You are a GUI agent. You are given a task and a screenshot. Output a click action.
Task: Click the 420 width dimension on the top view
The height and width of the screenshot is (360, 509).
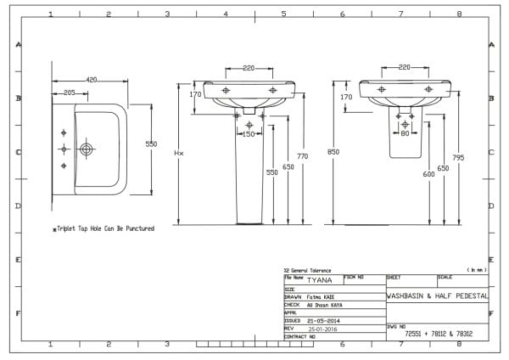pyautogui.click(x=91, y=80)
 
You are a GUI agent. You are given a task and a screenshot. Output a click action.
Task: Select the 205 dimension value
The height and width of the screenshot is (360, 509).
pyautogui.click(x=70, y=93)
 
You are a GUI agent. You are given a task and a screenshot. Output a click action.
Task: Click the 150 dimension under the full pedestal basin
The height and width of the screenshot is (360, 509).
pyautogui.click(x=249, y=134)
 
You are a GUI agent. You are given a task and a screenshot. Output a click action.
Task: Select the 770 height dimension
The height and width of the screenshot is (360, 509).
pyautogui.click(x=301, y=156)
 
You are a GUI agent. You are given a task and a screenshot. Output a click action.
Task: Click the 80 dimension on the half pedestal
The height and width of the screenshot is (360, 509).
pyautogui.click(x=405, y=134)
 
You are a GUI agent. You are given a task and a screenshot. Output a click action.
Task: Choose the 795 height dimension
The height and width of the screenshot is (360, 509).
pyautogui.click(x=458, y=156)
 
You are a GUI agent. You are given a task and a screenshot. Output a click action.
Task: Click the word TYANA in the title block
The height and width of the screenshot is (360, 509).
pyautogui.click(x=320, y=278)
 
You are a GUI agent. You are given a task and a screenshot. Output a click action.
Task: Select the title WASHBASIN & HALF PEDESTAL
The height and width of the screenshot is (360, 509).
pyautogui.click(x=437, y=297)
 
